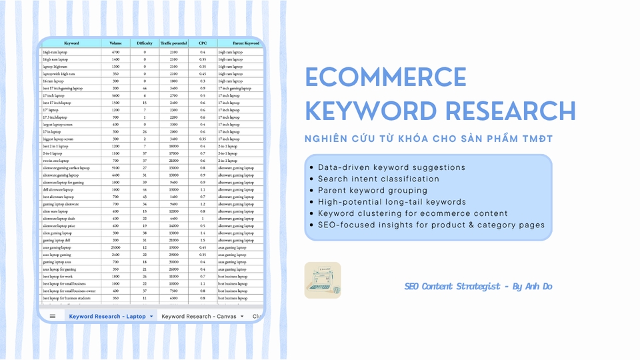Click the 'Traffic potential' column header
(173, 43)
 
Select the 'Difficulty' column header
(145, 43)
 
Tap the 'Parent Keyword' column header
(237, 43)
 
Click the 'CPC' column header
(202, 43)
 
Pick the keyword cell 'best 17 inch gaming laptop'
(63, 88)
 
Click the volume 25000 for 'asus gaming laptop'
(115, 247)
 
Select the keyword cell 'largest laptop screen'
(56, 124)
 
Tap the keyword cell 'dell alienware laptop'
(57, 189)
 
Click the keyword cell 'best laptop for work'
(57, 276)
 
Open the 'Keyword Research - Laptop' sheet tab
(107, 316)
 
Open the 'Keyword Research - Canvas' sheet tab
(199, 316)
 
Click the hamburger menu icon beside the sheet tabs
(53, 316)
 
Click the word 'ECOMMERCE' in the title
(385, 77)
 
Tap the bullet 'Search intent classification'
(379, 179)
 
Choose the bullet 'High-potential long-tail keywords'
(392, 201)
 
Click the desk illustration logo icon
(323, 280)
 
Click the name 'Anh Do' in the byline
(539, 287)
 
